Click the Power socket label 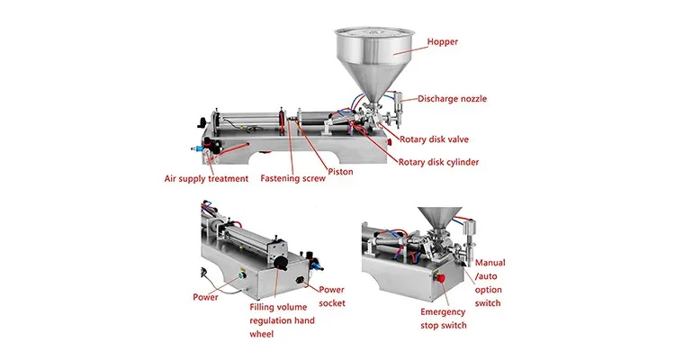click(x=331, y=297)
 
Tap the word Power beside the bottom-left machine click(x=205, y=297)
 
